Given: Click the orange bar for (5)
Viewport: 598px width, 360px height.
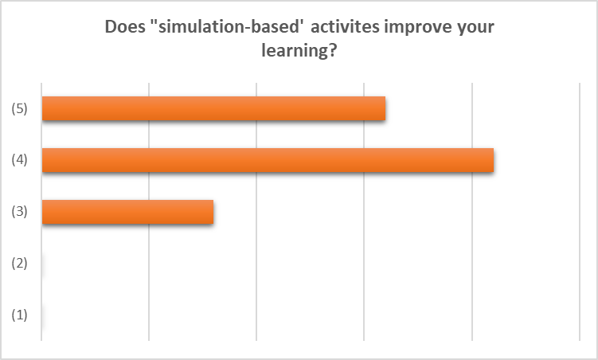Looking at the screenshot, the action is coord(213,108).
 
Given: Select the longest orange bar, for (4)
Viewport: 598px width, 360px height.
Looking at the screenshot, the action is coord(268,160).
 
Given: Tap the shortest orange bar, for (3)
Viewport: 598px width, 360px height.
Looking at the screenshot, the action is coord(127,212).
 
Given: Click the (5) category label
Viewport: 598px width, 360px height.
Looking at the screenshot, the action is coord(19,108).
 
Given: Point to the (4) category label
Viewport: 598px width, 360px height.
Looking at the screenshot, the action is coord(19,160).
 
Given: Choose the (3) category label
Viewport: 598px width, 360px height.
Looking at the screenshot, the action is coord(19,211).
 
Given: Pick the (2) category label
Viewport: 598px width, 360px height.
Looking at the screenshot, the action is coord(19,263).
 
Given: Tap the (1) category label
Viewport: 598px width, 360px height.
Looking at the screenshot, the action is coord(19,315).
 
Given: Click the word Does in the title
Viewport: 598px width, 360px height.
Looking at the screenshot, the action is coord(125,27).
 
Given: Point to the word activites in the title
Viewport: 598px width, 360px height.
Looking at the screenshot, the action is coord(346,27).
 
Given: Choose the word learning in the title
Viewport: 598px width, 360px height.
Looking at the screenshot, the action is coord(294,51).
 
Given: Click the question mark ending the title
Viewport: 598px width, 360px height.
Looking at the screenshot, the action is coord(332,49).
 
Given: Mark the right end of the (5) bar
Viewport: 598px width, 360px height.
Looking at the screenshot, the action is coord(385,108).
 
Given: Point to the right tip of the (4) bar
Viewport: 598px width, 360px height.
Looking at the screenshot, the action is coord(494,160).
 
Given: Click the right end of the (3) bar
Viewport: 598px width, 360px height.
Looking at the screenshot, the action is coord(213,212).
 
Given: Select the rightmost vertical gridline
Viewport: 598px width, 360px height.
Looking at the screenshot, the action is coord(580,212).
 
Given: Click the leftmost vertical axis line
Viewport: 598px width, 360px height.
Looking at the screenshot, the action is coord(41,212).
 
